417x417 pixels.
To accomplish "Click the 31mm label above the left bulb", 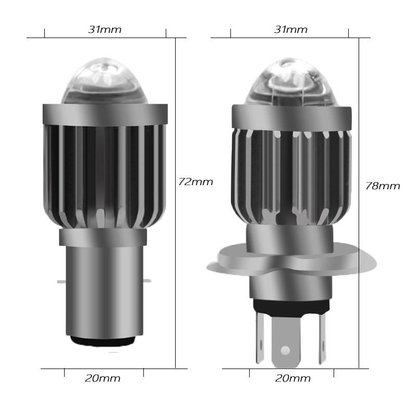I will pos(105,30).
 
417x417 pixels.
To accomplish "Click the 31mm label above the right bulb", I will pos(291,30).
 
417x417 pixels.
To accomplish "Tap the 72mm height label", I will pos(195,182).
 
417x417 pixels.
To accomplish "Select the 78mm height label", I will pos(383,186).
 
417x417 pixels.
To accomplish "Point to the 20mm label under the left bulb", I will pos(103,378).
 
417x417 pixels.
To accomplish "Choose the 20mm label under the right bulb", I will pos(293,378).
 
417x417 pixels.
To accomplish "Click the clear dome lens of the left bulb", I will pos(104,83).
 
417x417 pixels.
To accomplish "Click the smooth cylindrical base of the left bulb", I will pos(104,292).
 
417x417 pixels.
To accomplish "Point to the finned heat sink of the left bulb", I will pos(104,172).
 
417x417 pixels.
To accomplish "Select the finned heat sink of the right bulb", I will pos(289,177).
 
